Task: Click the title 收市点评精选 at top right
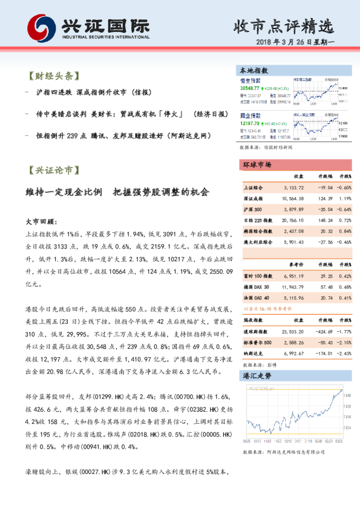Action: click(x=284, y=26)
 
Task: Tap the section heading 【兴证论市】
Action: click(x=53, y=171)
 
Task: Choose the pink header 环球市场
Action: click(x=258, y=165)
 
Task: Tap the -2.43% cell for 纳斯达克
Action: click(x=343, y=352)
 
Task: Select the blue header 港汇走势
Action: click(x=257, y=375)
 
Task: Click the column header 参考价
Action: click(x=296, y=264)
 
